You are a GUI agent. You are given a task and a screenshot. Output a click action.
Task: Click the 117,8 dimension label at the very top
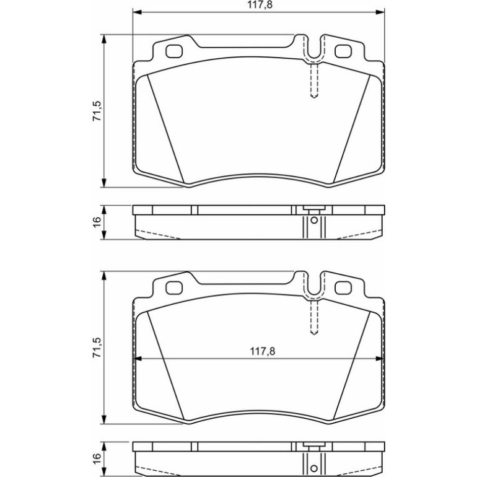[259, 5]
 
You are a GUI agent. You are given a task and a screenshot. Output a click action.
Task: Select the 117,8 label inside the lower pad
[263, 351]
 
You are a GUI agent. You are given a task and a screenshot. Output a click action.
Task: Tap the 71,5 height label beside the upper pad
[97, 111]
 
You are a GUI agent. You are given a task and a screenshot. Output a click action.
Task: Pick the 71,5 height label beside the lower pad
[97, 348]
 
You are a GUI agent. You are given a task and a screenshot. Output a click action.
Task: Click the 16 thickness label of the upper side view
[97, 222]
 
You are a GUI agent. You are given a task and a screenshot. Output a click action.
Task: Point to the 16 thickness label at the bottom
[97, 459]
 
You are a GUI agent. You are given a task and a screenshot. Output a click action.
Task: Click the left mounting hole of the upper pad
[174, 51]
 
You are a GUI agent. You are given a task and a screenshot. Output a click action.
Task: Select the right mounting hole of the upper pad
[343, 51]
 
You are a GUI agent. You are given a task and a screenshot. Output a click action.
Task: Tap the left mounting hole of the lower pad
[174, 288]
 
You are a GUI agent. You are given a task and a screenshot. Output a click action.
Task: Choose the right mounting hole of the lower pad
[343, 288]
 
